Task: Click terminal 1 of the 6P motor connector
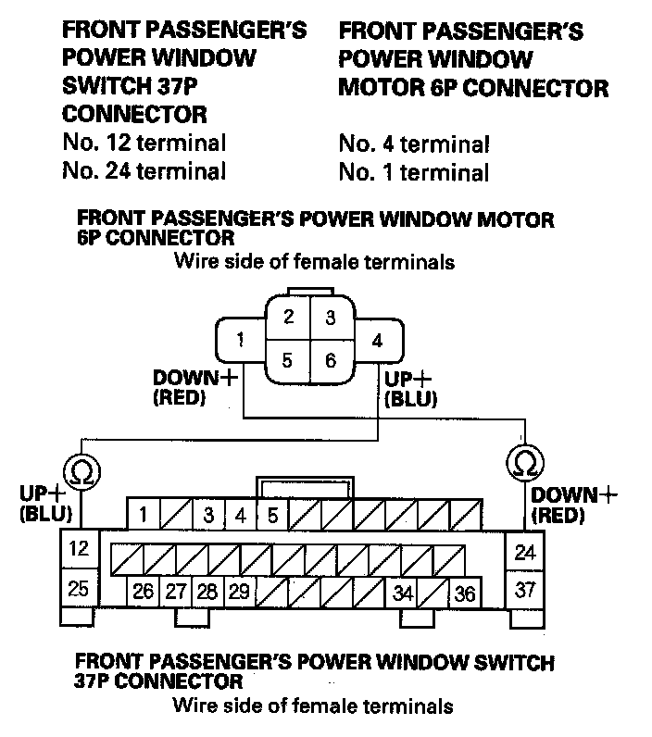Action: coord(240,339)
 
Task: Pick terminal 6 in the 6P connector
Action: coord(331,360)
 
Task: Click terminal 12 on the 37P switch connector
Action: coord(79,548)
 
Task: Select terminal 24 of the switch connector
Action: coord(525,553)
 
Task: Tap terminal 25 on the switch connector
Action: coord(79,587)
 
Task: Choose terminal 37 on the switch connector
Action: coord(525,590)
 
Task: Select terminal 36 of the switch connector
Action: coord(465,593)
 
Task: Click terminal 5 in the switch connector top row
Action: coord(272,515)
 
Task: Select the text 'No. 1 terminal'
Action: coord(413,172)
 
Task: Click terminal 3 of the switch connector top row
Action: coord(208,515)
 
